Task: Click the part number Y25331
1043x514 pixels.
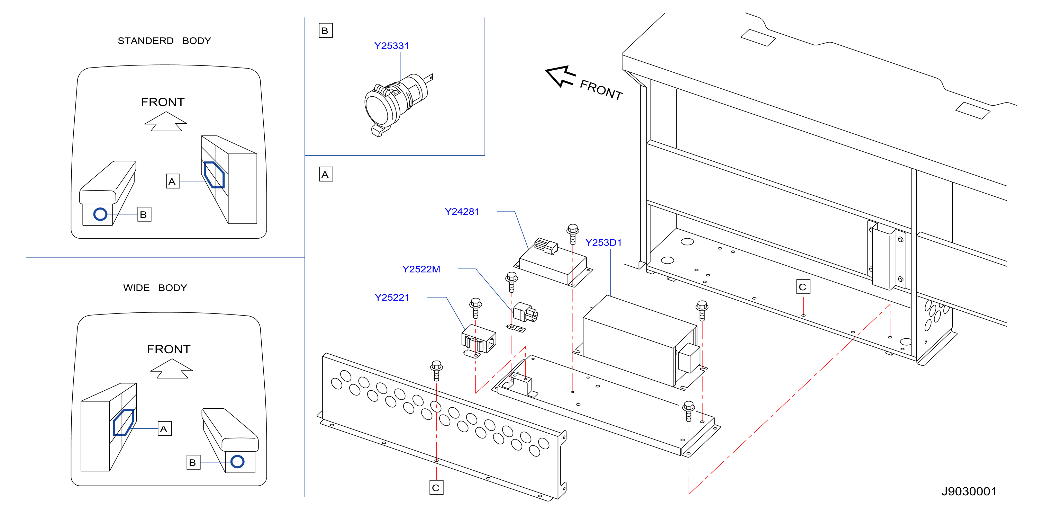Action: tap(391, 46)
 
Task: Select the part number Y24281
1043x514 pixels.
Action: tap(462, 212)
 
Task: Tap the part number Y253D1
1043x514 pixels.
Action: tap(603, 242)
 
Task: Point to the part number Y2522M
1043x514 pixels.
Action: tap(421, 269)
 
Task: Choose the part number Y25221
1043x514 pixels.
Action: tap(392, 298)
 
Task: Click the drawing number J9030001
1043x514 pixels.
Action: tap(969, 491)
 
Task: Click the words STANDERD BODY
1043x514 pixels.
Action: tap(164, 41)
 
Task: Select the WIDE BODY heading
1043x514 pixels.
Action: tap(155, 288)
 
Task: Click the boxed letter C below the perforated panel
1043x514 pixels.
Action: tap(436, 488)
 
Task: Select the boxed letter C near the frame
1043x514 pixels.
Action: tap(803, 287)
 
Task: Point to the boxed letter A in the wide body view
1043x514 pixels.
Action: tap(164, 429)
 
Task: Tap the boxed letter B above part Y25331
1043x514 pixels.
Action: tap(326, 31)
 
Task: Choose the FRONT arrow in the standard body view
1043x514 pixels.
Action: tap(166, 121)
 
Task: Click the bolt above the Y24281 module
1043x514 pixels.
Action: tap(572, 234)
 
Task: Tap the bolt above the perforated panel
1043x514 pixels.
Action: tap(436, 371)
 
